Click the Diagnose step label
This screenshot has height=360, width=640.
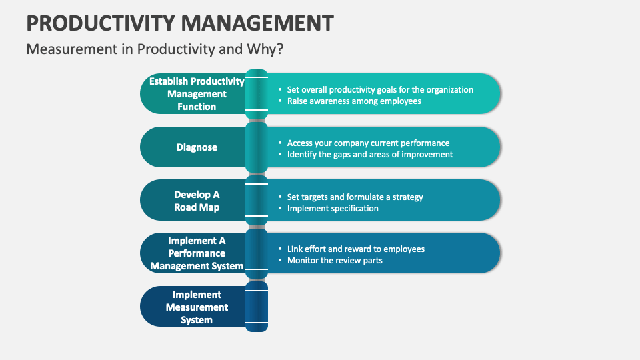tap(197, 147)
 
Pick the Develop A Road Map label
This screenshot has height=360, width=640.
tap(197, 201)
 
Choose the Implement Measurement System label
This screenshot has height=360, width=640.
tap(197, 307)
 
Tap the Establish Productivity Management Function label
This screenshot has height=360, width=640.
tap(197, 94)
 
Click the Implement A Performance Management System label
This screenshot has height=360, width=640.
tap(197, 253)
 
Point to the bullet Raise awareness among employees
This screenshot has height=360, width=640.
tap(353, 101)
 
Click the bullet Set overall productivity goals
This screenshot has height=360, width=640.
tap(380, 89)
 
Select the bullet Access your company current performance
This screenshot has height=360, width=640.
tap(368, 143)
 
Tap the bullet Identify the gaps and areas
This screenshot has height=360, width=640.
tap(369, 154)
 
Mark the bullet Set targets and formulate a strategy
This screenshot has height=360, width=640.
tap(355, 197)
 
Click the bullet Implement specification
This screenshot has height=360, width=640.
tap(333, 208)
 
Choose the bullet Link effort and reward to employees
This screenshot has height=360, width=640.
tap(355, 249)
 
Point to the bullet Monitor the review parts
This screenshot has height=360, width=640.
tap(335, 260)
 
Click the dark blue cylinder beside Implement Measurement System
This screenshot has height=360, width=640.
tap(257, 307)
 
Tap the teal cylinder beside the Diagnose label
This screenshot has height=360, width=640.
tap(257, 147)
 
